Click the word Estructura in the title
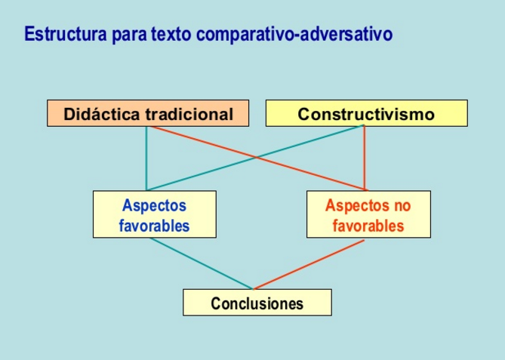66,34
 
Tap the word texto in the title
171,34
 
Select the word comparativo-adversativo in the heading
294,34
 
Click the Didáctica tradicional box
148,113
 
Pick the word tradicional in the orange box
189,114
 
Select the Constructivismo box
367,113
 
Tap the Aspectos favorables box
155,214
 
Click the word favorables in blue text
154,226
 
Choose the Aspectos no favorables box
368,214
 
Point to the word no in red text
402,206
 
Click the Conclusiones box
257,303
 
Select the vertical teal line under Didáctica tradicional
146,158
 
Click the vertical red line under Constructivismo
365,158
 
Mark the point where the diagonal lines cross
256,158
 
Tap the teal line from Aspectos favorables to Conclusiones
202,263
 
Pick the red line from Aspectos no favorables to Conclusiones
309,265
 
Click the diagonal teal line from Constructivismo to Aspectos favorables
255,158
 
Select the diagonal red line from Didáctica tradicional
259,158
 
